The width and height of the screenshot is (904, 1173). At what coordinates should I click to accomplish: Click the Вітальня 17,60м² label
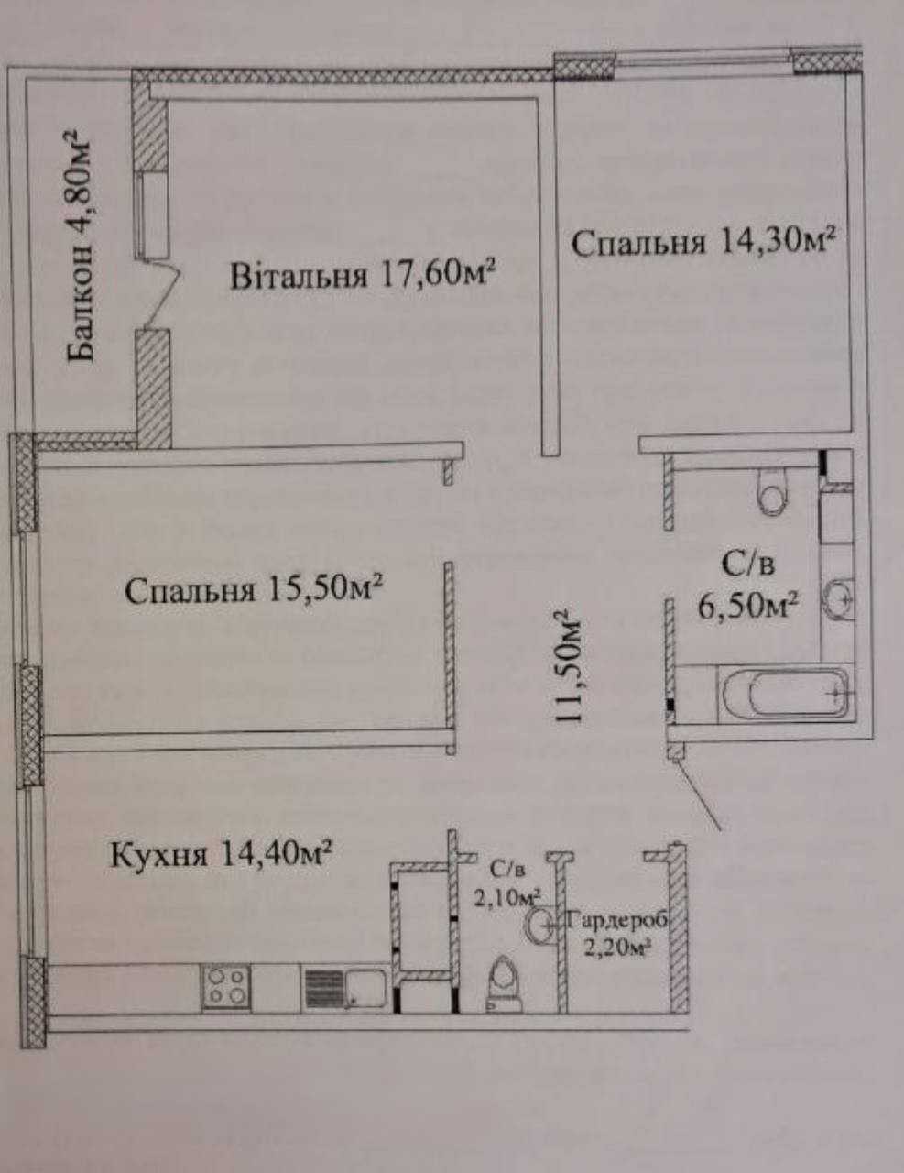tap(363, 274)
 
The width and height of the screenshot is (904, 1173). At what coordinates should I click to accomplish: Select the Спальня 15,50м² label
tap(254, 589)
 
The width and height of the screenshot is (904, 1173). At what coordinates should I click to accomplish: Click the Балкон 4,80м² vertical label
tap(80, 245)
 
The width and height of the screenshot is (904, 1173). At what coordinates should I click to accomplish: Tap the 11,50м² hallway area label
tap(567, 666)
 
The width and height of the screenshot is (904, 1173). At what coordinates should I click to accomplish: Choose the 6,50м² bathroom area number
tap(747, 607)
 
